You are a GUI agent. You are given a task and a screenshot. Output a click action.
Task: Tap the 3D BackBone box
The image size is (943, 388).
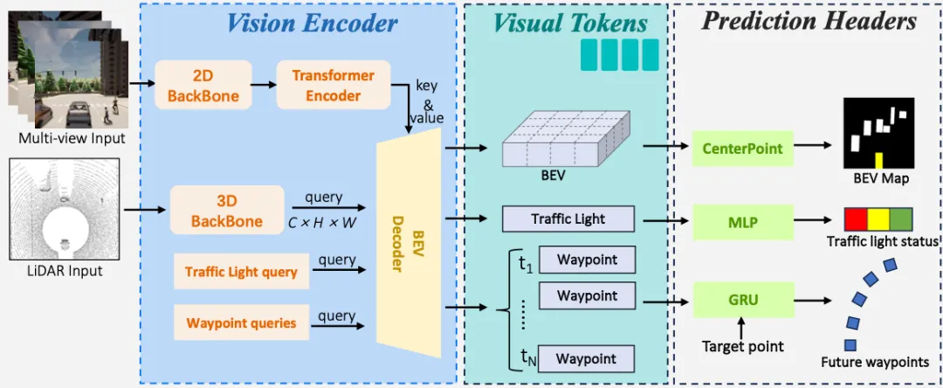(x=227, y=210)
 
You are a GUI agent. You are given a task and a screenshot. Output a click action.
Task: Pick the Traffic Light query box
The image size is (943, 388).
(x=241, y=272)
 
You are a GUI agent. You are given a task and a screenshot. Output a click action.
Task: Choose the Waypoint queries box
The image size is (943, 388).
(x=241, y=323)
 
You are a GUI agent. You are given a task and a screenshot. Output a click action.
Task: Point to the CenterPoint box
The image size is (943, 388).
(x=743, y=149)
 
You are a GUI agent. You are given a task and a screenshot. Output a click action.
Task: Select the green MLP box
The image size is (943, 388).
(x=743, y=223)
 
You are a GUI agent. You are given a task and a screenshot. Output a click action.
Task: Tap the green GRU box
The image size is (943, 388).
(x=743, y=300)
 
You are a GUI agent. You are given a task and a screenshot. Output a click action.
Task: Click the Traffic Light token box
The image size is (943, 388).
(x=568, y=218)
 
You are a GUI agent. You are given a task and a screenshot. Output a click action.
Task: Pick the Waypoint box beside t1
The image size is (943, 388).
(x=587, y=260)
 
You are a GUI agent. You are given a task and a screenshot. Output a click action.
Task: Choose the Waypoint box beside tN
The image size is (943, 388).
(x=587, y=358)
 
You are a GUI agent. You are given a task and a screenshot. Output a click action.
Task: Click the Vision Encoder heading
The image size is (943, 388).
(x=312, y=23)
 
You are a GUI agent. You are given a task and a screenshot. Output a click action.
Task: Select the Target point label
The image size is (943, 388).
(x=743, y=347)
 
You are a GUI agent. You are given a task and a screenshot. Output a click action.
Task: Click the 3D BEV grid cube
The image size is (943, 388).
(x=560, y=141)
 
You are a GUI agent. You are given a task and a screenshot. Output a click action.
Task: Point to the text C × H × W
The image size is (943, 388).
(x=323, y=222)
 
